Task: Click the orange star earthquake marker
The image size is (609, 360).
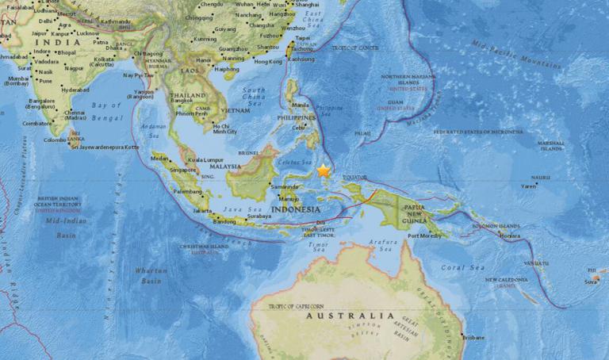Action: [x=323, y=170]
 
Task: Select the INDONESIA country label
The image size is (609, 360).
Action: [x=297, y=209]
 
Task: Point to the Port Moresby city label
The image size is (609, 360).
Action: [x=423, y=236]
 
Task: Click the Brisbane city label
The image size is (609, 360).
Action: [x=473, y=338]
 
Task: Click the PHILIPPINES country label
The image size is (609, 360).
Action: [x=295, y=117]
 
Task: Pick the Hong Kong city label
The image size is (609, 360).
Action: [x=267, y=61]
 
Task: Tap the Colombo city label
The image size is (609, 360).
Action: [x=55, y=140]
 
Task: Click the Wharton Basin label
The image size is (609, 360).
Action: [x=151, y=275]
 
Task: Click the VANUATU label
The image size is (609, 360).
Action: [x=535, y=262]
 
